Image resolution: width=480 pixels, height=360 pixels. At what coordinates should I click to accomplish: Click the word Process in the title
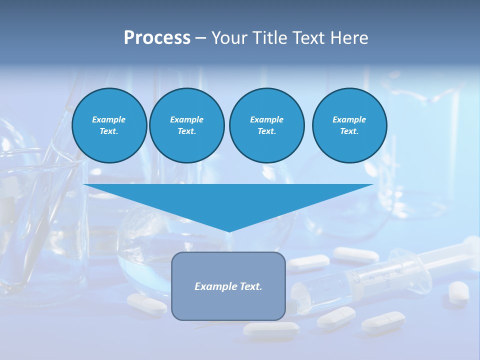point(157,38)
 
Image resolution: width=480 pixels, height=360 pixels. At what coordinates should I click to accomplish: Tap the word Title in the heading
point(273,38)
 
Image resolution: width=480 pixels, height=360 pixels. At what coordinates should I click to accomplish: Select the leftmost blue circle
point(109,125)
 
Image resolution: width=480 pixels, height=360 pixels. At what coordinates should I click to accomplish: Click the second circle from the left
point(186,125)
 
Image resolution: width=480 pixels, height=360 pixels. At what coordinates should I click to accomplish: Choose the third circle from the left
point(266,125)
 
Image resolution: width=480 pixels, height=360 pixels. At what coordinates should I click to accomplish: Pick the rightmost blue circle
point(349,125)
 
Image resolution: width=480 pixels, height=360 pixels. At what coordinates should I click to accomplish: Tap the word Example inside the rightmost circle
point(349,119)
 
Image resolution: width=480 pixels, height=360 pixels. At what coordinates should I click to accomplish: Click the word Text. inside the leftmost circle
point(109,131)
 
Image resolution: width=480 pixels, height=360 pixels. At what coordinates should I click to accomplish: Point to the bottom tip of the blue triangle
point(229,231)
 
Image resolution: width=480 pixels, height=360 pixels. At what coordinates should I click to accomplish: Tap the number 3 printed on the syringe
point(357,280)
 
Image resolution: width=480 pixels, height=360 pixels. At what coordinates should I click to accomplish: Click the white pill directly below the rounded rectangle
point(270,328)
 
